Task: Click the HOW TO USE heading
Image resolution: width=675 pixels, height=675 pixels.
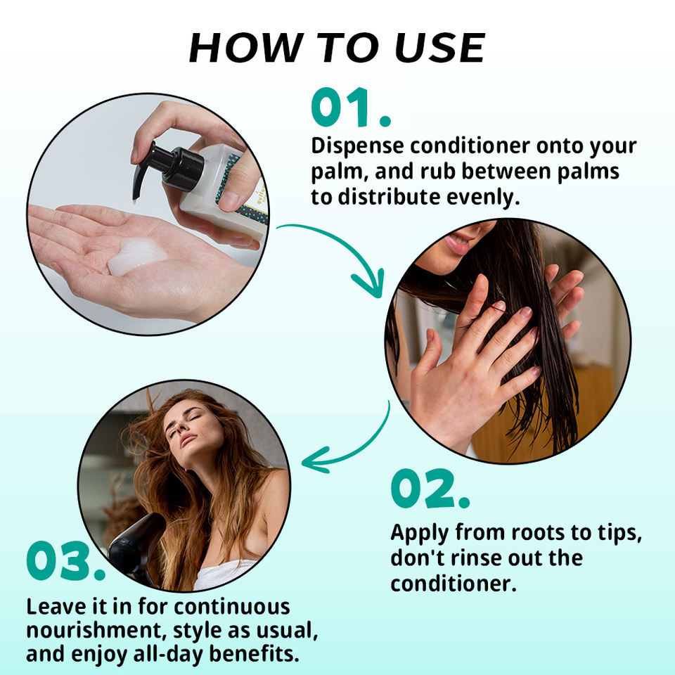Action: pos(337,47)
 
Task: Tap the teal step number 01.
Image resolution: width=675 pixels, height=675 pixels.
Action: pos(351,108)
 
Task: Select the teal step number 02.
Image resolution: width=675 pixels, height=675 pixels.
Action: pos(430,489)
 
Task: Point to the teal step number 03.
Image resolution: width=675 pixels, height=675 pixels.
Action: pos(65,560)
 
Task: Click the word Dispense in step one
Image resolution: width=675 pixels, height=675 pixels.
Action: pos(357,147)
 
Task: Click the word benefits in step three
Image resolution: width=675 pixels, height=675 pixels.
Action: pos(254,654)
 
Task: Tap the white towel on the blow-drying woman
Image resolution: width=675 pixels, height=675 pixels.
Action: pos(224,574)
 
